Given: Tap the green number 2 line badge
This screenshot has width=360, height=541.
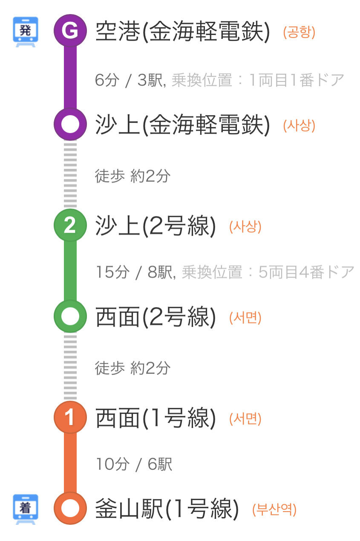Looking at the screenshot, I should (x=70, y=226).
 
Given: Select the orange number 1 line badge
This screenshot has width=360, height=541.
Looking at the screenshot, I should (x=70, y=417).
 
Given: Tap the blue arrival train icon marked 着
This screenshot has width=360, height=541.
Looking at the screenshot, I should (x=26, y=509).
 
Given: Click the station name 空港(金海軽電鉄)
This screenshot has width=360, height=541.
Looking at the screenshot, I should (x=183, y=32).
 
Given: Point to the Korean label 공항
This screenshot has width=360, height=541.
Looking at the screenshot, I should (x=299, y=33).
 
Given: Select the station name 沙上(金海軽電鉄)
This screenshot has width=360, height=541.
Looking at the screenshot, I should (x=183, y=125).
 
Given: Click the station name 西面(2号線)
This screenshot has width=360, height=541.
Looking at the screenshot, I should (x=156, y=317).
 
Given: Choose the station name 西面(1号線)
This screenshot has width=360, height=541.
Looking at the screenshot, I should (x=156, y=418).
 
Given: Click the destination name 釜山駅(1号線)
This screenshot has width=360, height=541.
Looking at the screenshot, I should (x=167, y=509).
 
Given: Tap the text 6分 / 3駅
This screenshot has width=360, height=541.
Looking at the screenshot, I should (x=130, y=80).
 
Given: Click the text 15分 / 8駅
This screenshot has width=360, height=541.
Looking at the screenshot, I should (x=135, y=272).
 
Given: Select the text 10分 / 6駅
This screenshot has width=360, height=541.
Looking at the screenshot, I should (x=134, y=464).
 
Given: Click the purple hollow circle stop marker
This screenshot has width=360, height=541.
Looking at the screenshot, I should (x=70, y=124).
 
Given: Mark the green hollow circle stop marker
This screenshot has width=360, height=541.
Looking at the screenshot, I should (x=70, y=316).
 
